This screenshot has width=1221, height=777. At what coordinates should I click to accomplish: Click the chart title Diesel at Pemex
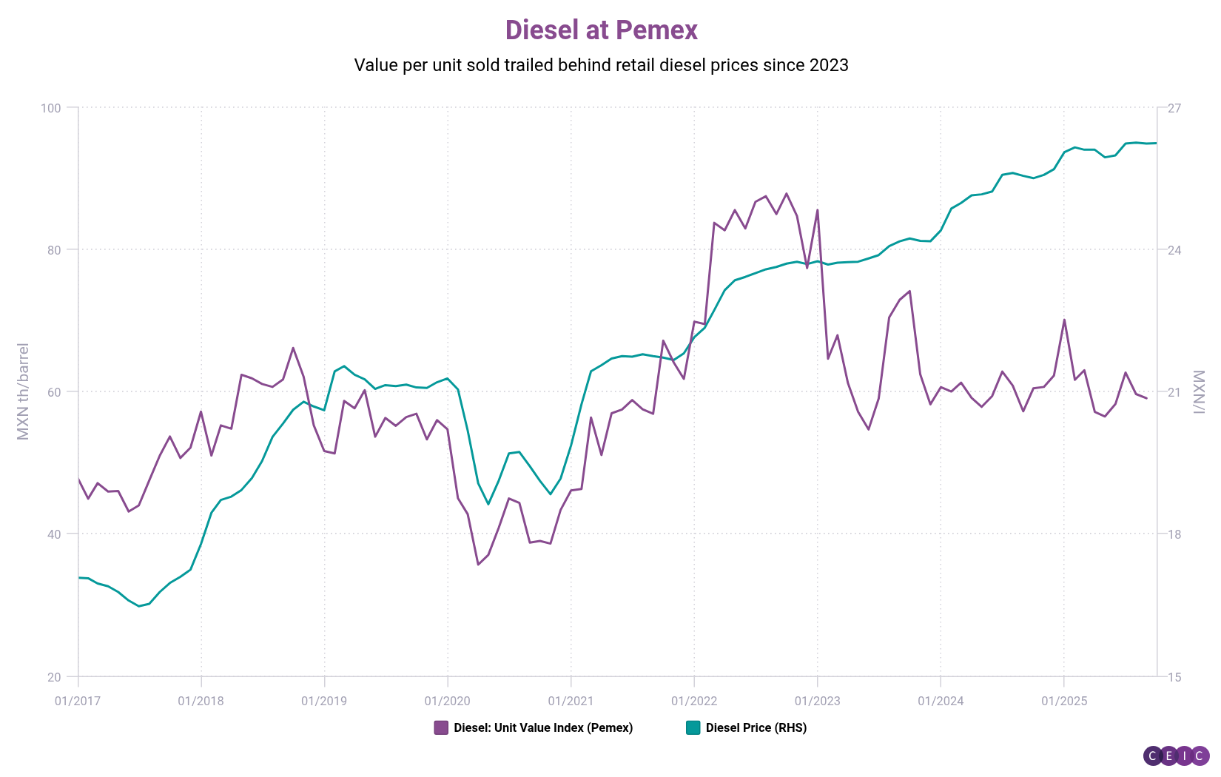click(601, 30)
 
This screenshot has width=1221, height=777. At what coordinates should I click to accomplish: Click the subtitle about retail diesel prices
click(601, 65)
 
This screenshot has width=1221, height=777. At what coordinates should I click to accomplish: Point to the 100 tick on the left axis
click(50, 108)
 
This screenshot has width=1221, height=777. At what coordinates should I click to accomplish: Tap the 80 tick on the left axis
click(53, 250)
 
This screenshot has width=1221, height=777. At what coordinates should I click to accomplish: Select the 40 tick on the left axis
click(53, 534)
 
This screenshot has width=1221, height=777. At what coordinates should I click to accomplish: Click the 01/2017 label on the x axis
click(77, 701)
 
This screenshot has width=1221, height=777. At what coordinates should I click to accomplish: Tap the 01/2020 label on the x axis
click(447, 701)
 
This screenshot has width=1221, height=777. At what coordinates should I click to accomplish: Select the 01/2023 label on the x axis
click(817, 701)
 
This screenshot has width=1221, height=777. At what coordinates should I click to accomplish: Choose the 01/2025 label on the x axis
click(1063, 701)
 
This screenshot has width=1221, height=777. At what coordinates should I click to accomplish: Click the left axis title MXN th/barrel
click(23, 391)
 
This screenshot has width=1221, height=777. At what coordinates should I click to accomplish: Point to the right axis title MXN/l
click(1200, 391)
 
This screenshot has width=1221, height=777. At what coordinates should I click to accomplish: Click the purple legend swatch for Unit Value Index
click(441, 727)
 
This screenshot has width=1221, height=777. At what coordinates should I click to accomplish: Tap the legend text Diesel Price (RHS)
click(756, 727)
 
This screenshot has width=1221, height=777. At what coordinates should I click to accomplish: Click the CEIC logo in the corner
click(1176, 756)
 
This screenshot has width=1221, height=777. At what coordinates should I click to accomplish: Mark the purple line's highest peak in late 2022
click(786, 193)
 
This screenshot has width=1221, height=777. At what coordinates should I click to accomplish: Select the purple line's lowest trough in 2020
click(478, 565)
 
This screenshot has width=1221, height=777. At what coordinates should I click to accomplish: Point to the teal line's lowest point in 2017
click(138, 606)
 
